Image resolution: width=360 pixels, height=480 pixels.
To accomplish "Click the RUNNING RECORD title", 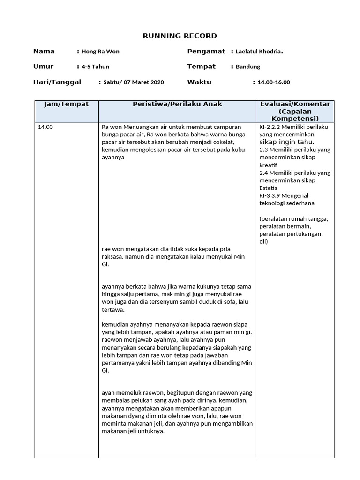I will pos(180,36).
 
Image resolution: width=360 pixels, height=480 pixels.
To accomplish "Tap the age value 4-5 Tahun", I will pos(95,67).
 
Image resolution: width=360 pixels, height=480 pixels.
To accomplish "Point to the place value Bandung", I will pos(248,67).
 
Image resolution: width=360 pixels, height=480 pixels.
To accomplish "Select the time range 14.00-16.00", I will pos(274,82).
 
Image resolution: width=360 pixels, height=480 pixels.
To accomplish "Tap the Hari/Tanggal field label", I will pos(57,82).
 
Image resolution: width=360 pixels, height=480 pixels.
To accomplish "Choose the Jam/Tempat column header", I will pos(66,104).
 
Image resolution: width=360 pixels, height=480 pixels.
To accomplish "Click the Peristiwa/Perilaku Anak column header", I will pos(177,104).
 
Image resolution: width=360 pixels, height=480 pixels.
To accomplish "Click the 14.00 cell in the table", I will pos(45,127).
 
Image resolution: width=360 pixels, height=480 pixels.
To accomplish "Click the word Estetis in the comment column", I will pos(268,188).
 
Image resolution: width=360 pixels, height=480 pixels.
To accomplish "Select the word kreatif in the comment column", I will pos(268,165).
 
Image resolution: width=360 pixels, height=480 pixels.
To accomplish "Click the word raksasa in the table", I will pos(113,257).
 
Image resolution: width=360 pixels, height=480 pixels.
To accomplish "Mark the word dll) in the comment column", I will pos(263,241).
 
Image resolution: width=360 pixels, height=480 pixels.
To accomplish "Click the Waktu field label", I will pos(199,82).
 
